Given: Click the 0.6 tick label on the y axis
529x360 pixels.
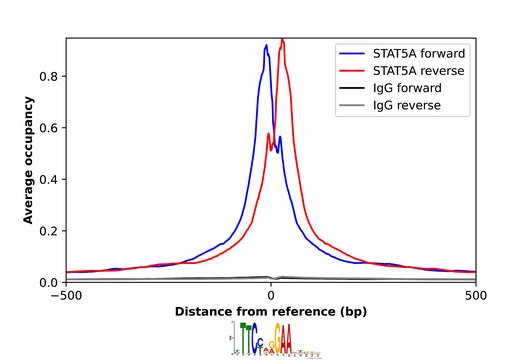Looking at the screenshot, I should pos(52,128).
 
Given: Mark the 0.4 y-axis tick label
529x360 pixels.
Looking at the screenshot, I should pos(52,179).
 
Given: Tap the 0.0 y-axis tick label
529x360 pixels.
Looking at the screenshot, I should pos(52,283).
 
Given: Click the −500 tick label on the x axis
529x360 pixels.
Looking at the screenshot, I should pos(66,297).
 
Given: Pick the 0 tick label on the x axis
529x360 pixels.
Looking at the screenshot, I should pos(271,297).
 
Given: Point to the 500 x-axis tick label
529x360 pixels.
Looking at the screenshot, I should pos(476,297).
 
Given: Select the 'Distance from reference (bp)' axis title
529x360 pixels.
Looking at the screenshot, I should pos(271,312).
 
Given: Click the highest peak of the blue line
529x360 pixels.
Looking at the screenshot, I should pos(266,45).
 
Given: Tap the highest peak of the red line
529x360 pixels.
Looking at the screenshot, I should pos(283,39).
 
